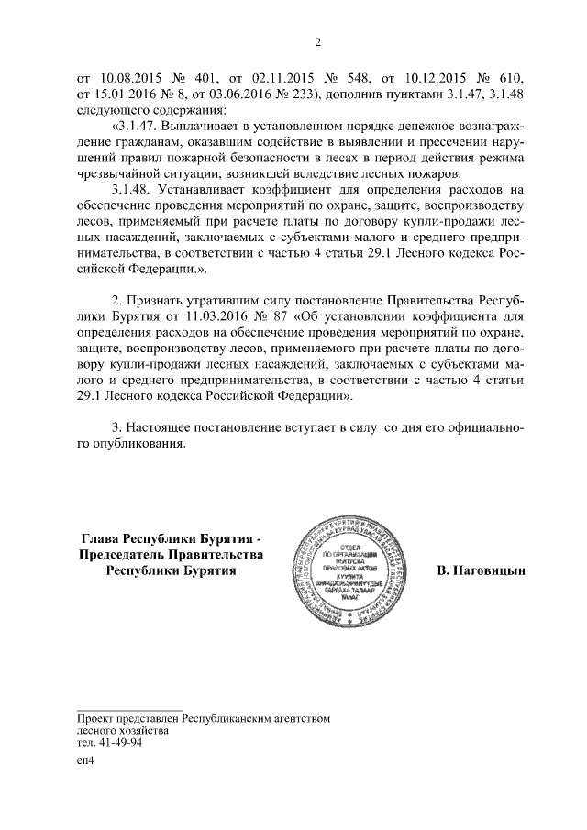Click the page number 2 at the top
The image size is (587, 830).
[316, 41]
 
